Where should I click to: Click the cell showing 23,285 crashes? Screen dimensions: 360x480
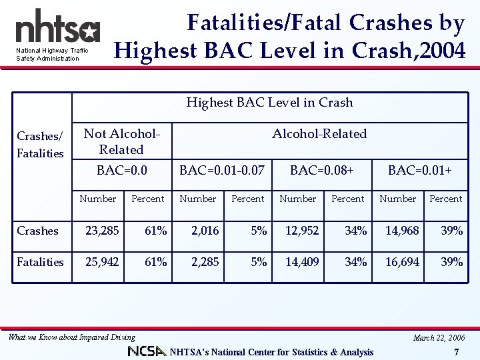pyautogui.click(x=102, y=231)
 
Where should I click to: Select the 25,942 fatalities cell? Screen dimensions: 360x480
pyautogui.click(x=102, y=262)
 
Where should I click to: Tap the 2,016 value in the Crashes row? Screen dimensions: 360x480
pyautogui.click(x=205, y=231)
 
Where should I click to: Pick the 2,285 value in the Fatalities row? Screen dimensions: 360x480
pyautogui.click(x=205, y=262)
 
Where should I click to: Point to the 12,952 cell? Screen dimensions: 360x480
pyautogui.click(x=302, y=231)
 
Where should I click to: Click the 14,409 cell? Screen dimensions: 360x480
pyautogui.click(x=302, y=262)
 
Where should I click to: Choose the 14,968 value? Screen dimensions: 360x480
pyautogui.click(x=402, y=231)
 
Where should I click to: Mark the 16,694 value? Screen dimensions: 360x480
pyautogui.click(x=402, y=262)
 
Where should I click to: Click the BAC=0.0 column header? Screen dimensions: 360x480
pyautogui.click(x=121, y=171)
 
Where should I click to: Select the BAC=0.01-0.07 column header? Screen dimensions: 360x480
pyautogui.click(x=222, y=171)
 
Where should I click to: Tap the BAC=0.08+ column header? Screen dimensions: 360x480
pyautogui.click(x=321, y=171)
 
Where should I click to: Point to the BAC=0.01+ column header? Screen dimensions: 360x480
pyautogui.click(x=420, y=171)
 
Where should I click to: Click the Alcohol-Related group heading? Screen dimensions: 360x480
pyautogui.click(x=319, y=134)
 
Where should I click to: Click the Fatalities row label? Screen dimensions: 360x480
pyautogui.click(x=40, y=262)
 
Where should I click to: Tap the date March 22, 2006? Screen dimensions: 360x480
pyautogui.click(x=438, y=337)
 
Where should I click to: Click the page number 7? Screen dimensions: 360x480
pyautogui.click(x=456, y=352)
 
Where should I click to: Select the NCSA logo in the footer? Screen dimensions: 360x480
pyautogui.click(x=147, y=351)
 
